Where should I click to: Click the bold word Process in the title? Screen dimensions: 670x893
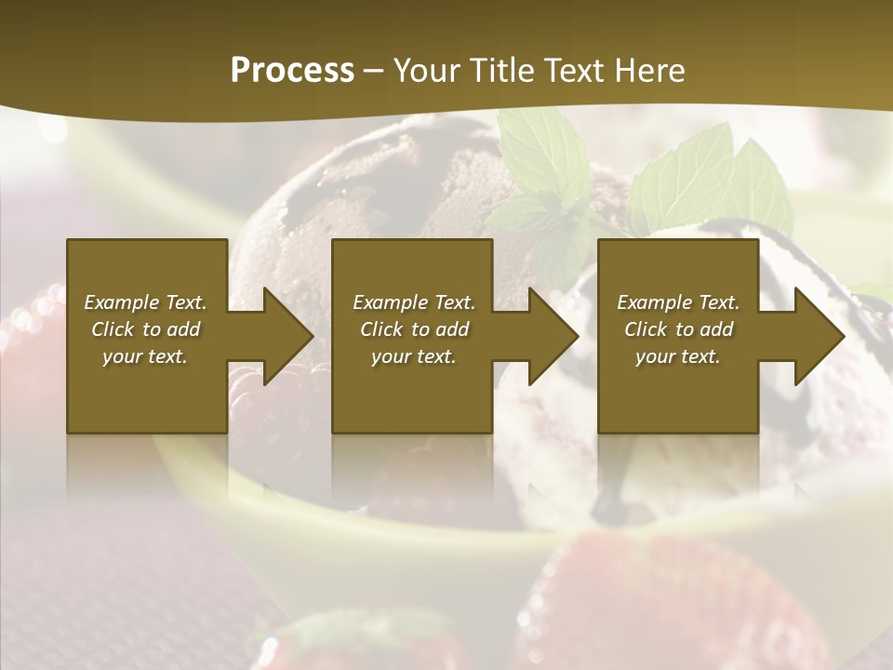pos(292,71)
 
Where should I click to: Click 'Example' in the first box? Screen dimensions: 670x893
pos(122,302)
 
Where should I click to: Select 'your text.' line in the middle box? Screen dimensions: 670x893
pos(413,356)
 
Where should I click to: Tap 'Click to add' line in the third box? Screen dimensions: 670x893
pos(678,329)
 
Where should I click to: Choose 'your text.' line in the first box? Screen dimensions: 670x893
pos(145,356)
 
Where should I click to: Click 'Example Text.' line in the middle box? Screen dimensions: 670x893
pos(413,302)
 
